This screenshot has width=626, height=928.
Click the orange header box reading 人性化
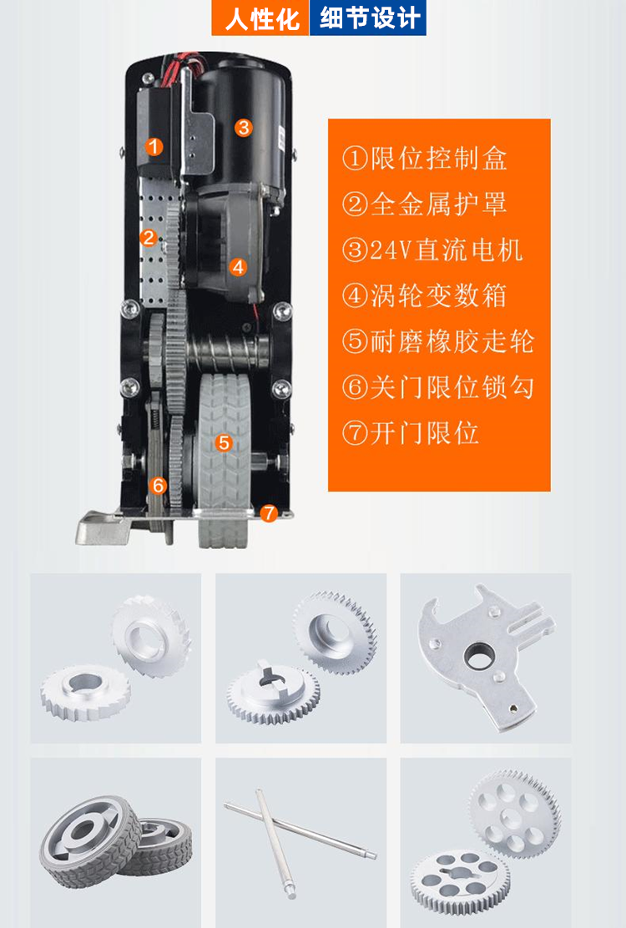(262, 18)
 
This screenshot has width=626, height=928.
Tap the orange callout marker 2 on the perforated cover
(148, 238)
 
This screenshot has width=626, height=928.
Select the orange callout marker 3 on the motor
(243, 128)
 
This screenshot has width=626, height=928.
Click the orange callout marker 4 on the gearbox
(239, 267)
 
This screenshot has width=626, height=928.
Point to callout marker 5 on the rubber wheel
(223, 443)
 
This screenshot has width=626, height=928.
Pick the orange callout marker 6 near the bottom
(158, 486)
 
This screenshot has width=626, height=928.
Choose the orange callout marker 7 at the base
(268, 514)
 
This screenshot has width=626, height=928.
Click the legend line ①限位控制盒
(425, 158)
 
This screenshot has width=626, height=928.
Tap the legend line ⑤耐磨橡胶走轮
(437, 341)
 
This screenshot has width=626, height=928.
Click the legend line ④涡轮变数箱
(424, 295)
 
